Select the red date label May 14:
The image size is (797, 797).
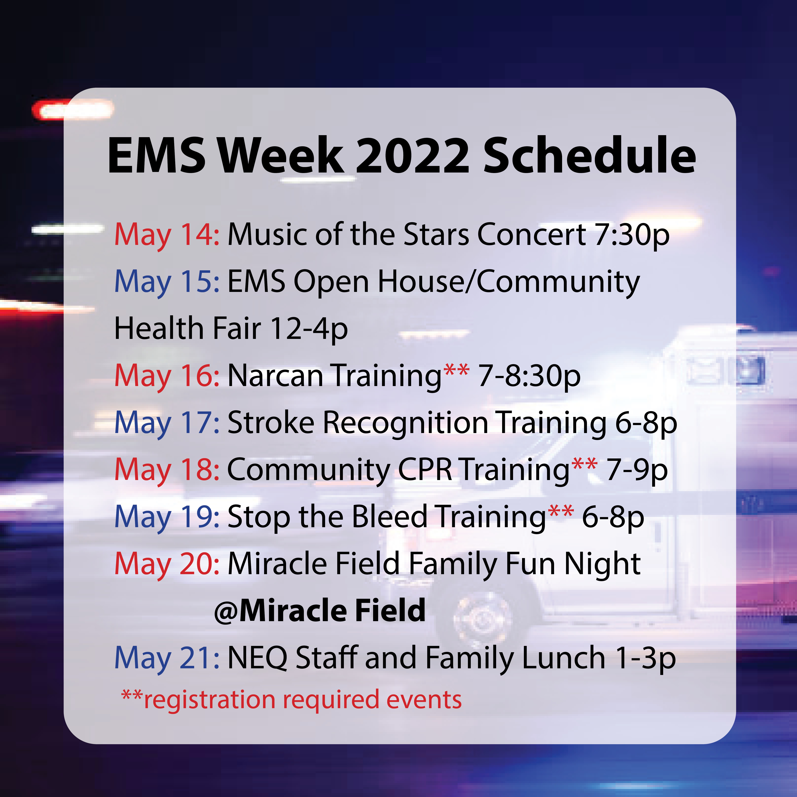click(167, 235)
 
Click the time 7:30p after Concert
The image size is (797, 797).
click(631, 235)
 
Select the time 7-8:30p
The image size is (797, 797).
click(529, 376)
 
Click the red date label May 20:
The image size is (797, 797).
click(167, 564)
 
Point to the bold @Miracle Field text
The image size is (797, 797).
click(320, 611)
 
